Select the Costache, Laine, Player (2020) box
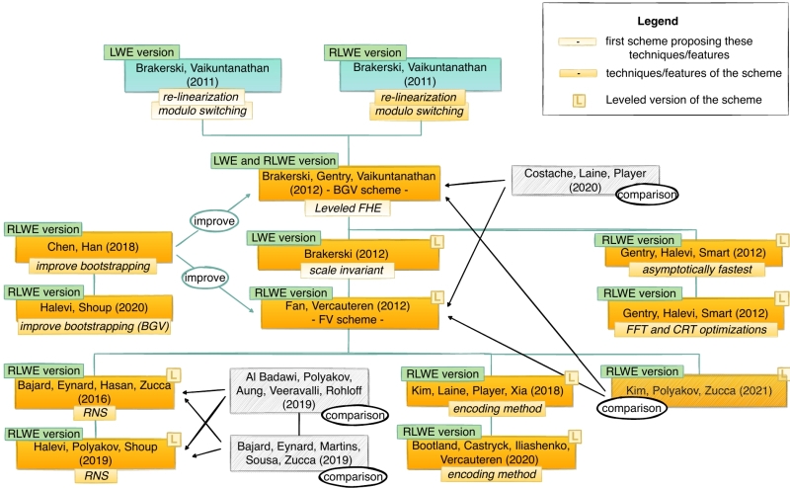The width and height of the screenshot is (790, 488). click(x=571, y=178)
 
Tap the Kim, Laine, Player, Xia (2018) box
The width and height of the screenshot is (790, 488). click(x=489, y=391)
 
